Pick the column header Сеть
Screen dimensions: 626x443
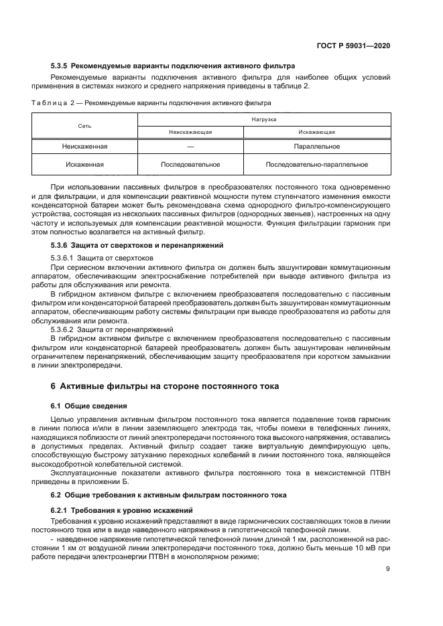tap(84, 125)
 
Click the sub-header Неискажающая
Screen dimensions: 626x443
tap(190, 132)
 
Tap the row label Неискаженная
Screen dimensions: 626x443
tap(84, 146)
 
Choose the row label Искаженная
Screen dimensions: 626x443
tap(84, 163)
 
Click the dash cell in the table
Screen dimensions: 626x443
tap(190, 146)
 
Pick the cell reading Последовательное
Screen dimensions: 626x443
tap(190, 163)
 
